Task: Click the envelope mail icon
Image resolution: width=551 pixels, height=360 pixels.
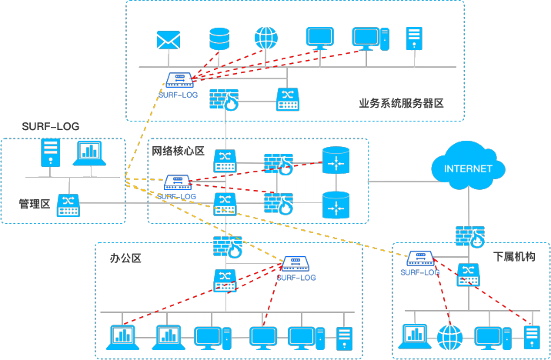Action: point(167,39)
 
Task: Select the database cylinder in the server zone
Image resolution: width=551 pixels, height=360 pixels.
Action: point(219,38)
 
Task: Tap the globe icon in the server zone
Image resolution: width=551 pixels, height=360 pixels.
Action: point(265,38)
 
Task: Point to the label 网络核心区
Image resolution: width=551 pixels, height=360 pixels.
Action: point(178,151)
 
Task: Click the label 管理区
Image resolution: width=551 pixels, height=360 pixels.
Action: point(35,203)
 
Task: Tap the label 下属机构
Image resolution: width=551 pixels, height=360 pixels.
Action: point(514,255)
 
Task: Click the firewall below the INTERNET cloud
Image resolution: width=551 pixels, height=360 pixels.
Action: point(469,236)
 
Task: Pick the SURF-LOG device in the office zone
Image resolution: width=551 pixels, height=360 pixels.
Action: point(296,263)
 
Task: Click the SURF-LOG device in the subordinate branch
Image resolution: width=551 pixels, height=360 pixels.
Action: point(420,258)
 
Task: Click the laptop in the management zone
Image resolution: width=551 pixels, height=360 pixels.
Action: point(89,154)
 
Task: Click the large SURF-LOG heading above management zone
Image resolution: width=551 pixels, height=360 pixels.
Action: point(51,125)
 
